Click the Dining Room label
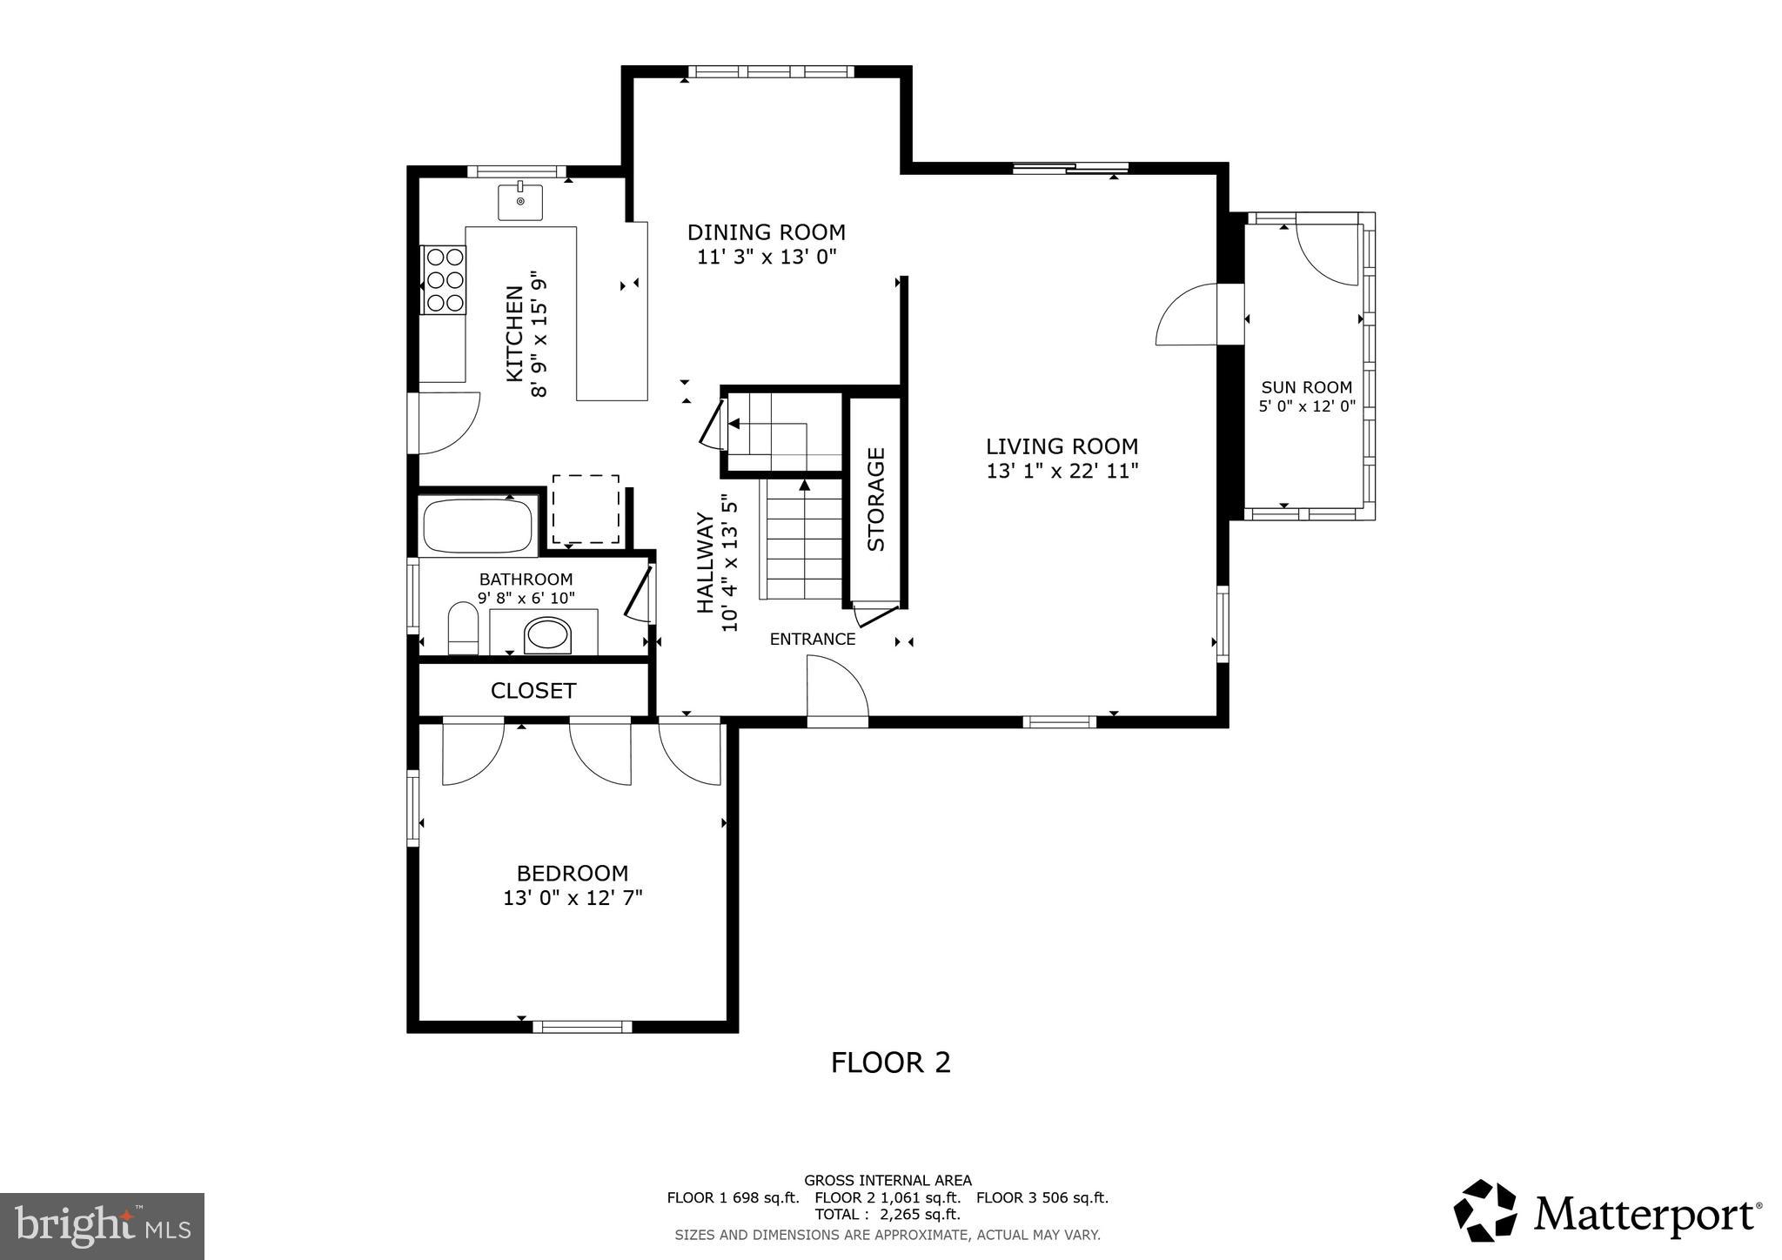click(x=766, y=232)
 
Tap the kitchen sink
click(x=520, y=202)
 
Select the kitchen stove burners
click(x=444, y=279)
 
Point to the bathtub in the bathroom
click(x=477, y=527)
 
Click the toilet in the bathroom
click(x=463, y=628)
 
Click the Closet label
click(x=533, y=691)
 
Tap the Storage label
click(x=876, y=499)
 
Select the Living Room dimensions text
click(x=1062, y=471)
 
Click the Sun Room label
click(x=1306, y=388)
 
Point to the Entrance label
click(x=813, y=640)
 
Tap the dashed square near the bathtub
click(x=586, y=509)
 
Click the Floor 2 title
click(x=890, y=1062)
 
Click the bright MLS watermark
click(x=103, y=1227)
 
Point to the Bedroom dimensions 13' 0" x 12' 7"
click(x=573, y=897)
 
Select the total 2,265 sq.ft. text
click(x=887, y=1214)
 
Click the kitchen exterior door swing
click(x=448, y=422)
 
